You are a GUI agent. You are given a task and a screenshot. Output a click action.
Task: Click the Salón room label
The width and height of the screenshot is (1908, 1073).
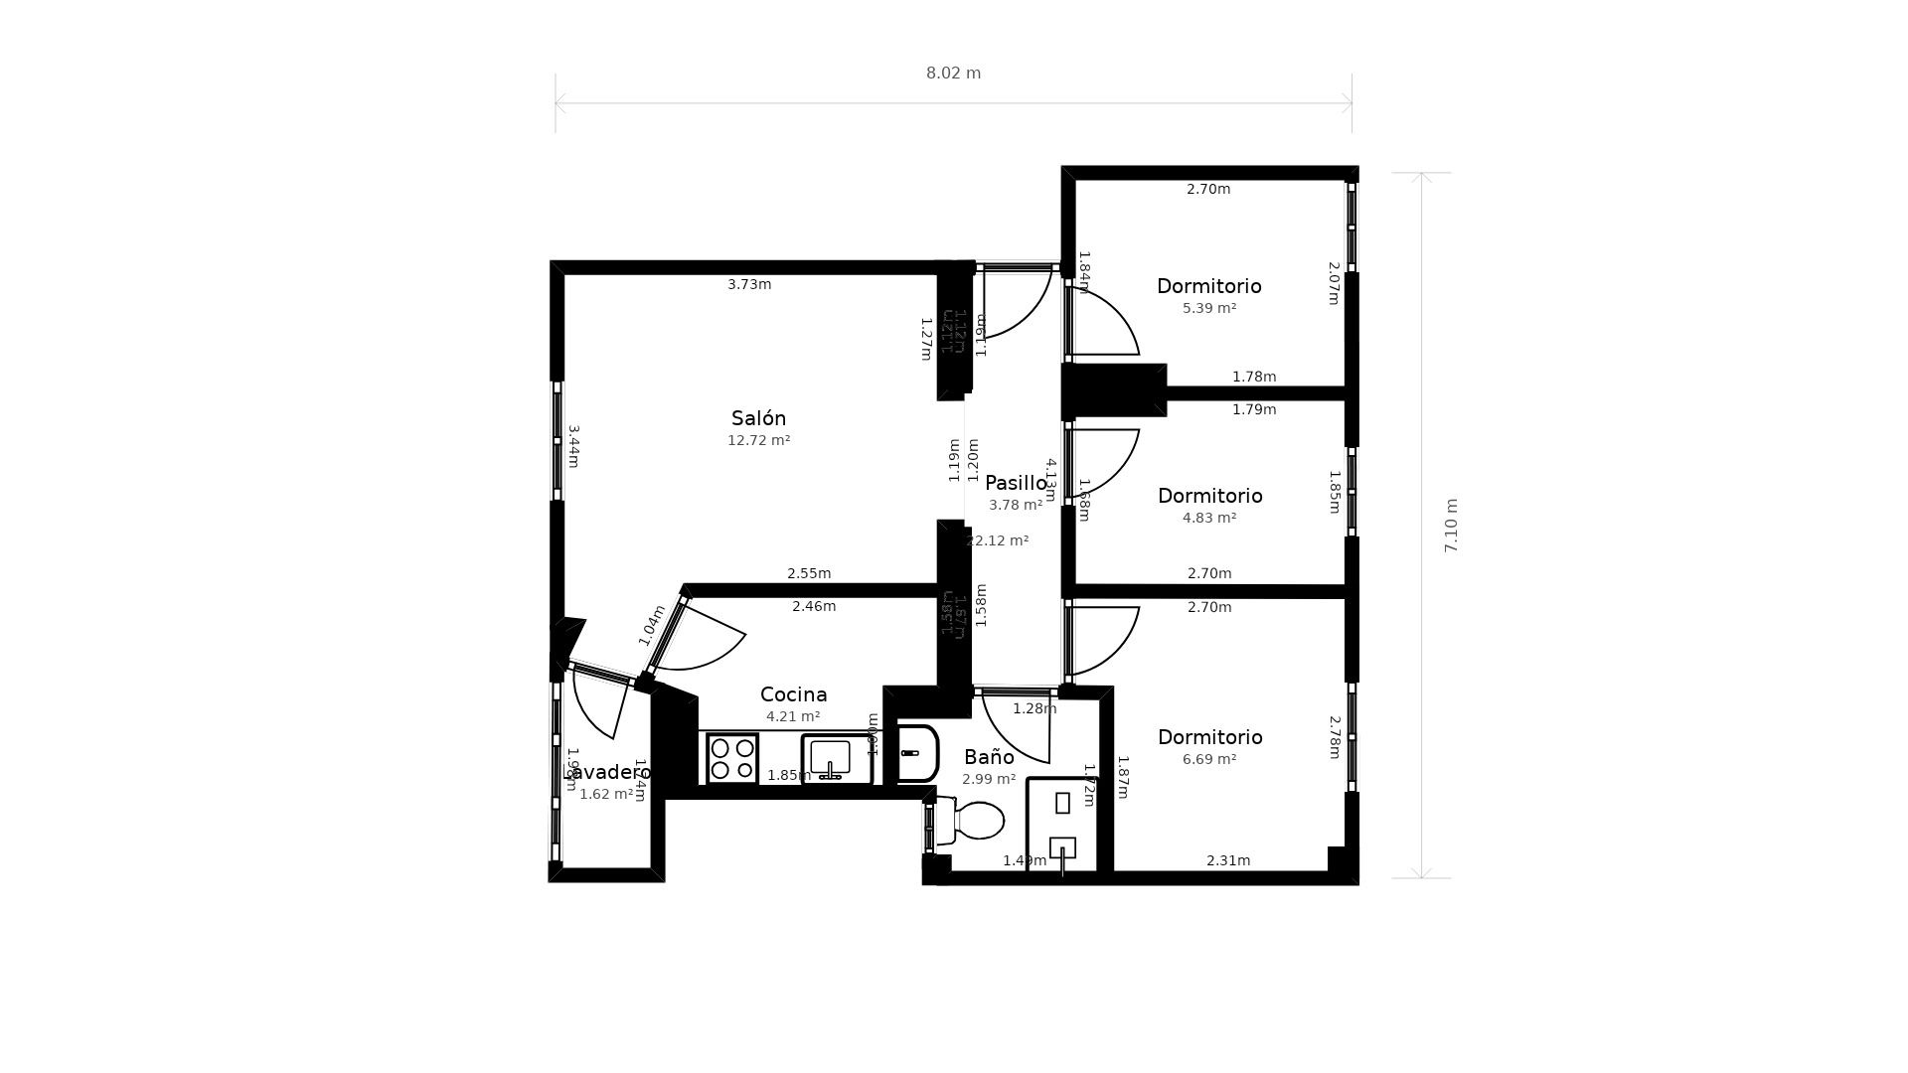point(758,418)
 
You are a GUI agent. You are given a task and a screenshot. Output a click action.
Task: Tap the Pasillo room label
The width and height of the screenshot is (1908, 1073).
point(1016,484)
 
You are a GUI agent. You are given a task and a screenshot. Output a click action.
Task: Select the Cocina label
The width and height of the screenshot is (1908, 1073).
point(793,694)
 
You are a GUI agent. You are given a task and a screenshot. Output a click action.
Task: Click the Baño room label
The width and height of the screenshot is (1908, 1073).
point(989,757)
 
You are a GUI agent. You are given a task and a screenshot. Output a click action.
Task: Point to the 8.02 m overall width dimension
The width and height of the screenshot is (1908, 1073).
point(953,74)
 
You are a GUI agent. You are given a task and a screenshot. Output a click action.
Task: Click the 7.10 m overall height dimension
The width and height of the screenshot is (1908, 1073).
point(1451,526)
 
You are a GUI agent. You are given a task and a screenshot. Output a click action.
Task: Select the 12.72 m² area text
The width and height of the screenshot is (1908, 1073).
point(758,440)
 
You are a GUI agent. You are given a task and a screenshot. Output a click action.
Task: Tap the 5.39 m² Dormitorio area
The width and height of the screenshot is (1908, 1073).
point(1208,308)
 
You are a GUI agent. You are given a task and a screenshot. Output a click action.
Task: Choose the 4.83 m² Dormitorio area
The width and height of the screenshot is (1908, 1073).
point(1208,518)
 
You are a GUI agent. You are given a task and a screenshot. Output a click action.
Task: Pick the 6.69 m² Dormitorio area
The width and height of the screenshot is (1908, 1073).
point(1208,759)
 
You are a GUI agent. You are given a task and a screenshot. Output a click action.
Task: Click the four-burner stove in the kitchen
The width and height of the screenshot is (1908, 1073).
point(732,758)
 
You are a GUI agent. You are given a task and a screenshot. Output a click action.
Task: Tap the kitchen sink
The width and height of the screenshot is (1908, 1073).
point(830,759)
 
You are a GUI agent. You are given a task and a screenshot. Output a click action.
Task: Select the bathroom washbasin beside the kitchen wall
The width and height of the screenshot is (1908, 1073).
point(917,753)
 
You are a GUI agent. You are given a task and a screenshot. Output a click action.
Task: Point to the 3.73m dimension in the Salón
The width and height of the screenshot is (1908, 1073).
point(749,284)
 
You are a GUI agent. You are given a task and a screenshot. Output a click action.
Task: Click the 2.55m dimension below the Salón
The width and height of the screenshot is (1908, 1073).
point(809,573)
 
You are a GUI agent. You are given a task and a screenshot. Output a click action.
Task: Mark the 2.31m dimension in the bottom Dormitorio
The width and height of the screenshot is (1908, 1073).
point(1228,860)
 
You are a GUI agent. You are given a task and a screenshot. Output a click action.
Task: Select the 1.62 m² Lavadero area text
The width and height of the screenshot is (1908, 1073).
point(606,794)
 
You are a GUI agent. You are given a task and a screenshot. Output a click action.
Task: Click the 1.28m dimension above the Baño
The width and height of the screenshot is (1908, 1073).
point(1034,708)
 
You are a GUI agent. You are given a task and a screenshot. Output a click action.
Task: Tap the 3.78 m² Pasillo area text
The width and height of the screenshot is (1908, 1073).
point(1016,505)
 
